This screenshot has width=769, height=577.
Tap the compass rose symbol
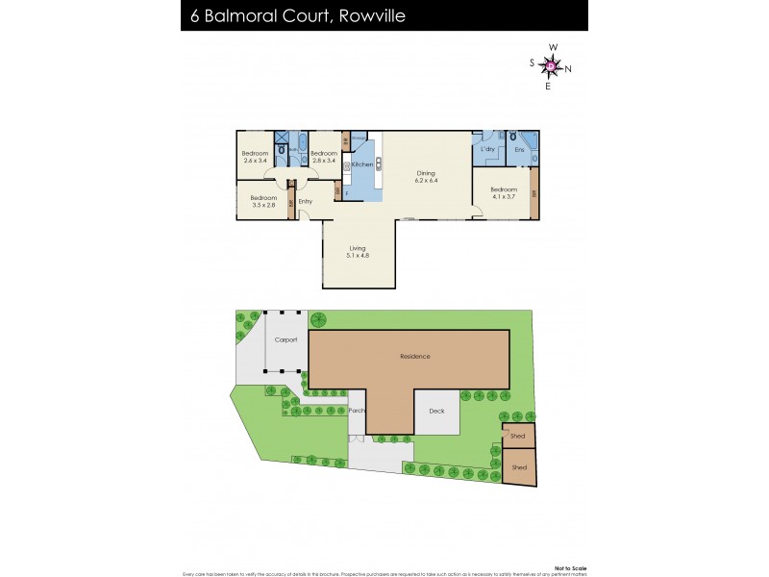coord(552,65)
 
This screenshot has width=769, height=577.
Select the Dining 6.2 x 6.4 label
coord(426,177)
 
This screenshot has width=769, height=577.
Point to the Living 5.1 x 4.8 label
coord(358,252)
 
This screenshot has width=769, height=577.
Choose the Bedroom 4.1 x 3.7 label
coord(504,192)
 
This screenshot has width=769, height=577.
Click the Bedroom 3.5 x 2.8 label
coord(263,201)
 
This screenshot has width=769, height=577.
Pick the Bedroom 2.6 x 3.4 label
coord(255,157)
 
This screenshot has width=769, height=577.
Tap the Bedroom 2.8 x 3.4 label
coord(324,157)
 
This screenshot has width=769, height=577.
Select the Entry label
coord(305,201)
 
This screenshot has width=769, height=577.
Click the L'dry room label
coord(486,150)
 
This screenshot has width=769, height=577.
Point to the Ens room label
coord(519,150)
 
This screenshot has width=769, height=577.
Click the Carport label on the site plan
coord(285,340)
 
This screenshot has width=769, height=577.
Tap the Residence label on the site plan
coord(414,357)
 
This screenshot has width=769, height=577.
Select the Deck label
coord(437,411)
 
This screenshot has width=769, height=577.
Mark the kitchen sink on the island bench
coord(378,164)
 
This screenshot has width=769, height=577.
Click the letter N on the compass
coord(568,67)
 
